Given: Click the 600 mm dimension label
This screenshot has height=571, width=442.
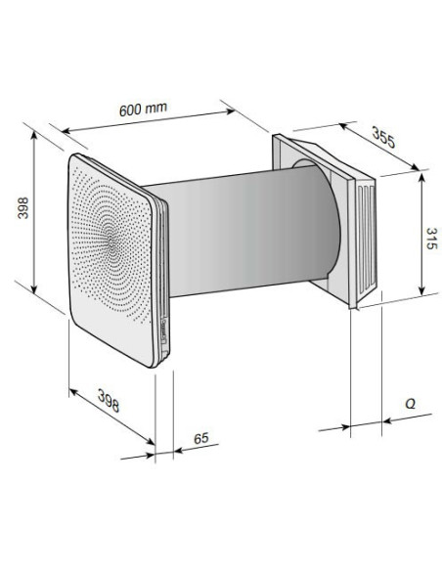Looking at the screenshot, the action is pos(143,109).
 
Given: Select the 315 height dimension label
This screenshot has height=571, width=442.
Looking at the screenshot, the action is pos(431,239).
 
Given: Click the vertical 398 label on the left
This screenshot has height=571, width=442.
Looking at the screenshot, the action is pos(22,208).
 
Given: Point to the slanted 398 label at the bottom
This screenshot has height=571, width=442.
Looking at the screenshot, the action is pos(109,400).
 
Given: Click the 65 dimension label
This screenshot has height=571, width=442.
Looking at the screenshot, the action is pos(201,438).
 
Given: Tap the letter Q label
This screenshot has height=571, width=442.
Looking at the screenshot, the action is pos(410,404).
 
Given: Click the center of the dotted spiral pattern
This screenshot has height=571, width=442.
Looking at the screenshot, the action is pos(112,243).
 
